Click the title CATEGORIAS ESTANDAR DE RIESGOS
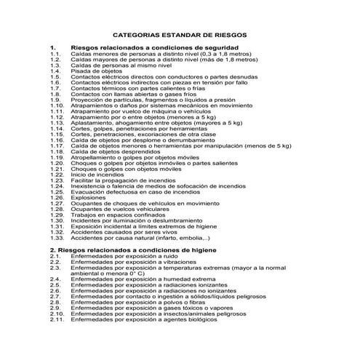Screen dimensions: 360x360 coord(180,34)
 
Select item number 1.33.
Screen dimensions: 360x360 coord(57,238)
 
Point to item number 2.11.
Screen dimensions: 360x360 coord(57,320)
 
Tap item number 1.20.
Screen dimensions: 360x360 coord(57,162)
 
